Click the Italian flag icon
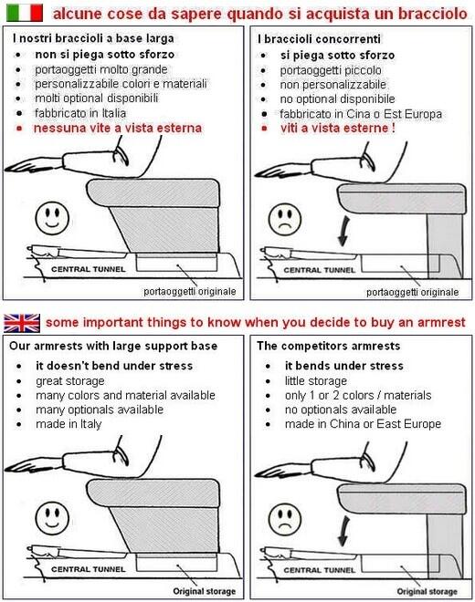tap(25, 12)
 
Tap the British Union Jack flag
tap(22, 323)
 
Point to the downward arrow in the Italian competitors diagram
tap(343, 231)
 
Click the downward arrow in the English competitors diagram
tap(343, 531)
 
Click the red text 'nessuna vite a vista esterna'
tap(118, 128)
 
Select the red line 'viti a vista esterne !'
tap(338, 128)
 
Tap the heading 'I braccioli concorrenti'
tap(319, 39)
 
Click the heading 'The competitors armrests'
tap(329, 346)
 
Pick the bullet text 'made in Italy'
tap(69, 424)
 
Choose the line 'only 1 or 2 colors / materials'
tap(358, 395)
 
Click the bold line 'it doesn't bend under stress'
tap(114, 366)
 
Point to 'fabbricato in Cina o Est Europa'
tap(361, 114)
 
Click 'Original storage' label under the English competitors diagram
tap(427, 591)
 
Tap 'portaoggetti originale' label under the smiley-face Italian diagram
tap(190, 291)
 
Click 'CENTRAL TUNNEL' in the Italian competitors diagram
tap(319, 270)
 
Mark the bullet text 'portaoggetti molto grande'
tap(101, 69)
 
